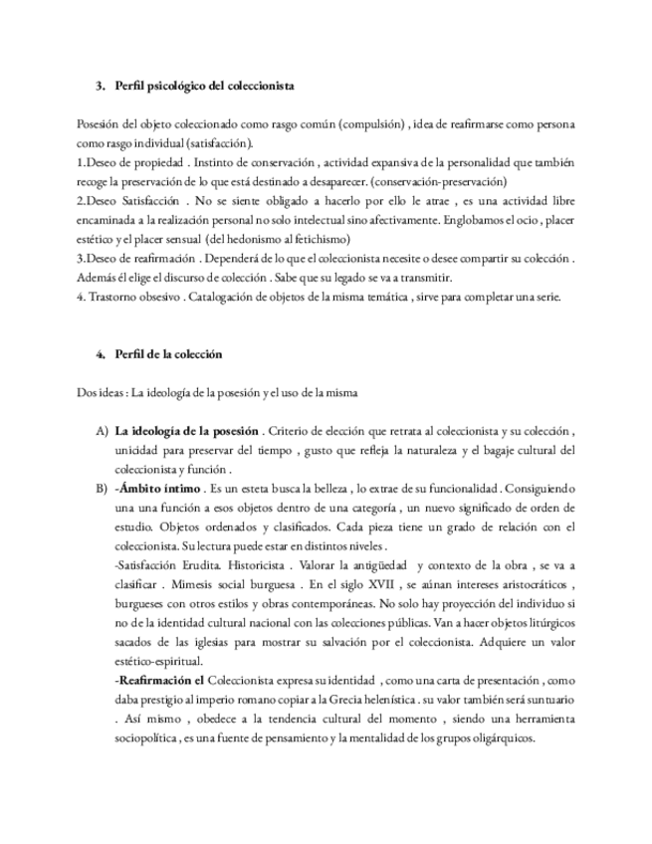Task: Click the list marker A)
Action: click(x=101, y=431)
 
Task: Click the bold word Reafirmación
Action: click(x=156, y=679)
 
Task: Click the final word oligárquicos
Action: click(x=500, y=738)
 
